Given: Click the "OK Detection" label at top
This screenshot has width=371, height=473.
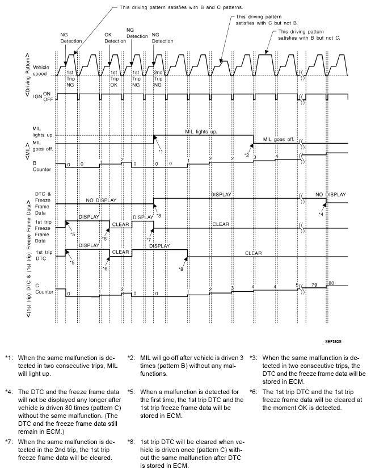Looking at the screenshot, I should pos(115,37).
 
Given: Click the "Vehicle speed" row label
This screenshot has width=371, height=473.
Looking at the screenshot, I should pos(41,69).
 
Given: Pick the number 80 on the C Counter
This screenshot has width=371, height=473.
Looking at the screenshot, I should pos(332,283).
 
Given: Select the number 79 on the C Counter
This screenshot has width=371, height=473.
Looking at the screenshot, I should pos(313,286).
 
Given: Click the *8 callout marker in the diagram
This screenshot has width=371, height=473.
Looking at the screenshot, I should pos(180,269).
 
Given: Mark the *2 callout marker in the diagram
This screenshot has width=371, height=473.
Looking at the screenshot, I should pos(247,154).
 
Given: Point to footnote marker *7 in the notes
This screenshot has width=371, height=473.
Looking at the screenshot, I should pos(9,442).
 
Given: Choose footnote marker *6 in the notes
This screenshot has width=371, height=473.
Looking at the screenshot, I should pos(254,391).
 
